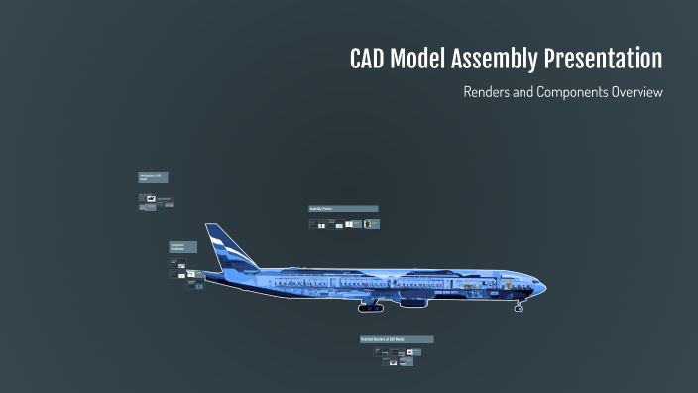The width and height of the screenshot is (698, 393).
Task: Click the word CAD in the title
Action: (x=372, y=60)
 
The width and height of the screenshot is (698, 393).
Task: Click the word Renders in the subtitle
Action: (x=488, y=92)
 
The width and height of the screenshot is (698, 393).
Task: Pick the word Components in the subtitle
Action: (x=565, y=92)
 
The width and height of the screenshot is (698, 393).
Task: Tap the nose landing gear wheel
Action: (x=518, y=309)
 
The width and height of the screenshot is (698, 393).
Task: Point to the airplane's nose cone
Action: (x=542, y=288)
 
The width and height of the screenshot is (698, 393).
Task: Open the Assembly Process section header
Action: (x=343, y=209)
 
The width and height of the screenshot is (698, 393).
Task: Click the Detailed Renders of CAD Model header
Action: (x=397, y=339)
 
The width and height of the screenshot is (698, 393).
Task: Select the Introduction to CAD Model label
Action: (x=153, y=177)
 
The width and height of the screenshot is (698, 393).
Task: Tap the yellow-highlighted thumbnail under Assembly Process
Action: (x=371, y=224)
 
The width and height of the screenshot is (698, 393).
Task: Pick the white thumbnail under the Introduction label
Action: (x=150, y=199)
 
